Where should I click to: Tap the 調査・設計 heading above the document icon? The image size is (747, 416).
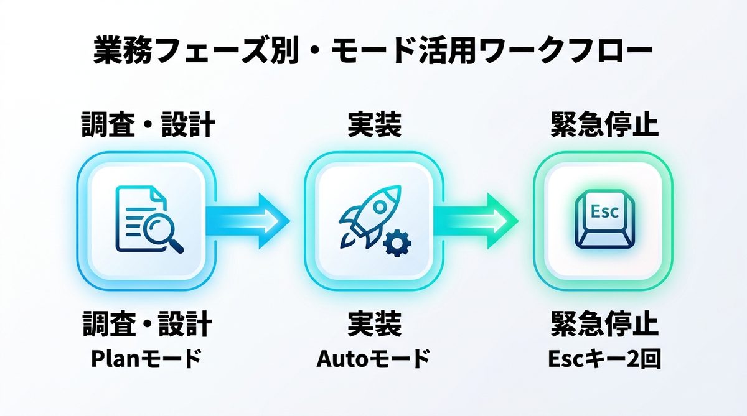point(149,125)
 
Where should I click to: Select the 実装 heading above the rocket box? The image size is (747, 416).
point(374,125)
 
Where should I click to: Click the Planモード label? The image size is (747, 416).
point(148,359)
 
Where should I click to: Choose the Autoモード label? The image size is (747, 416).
point(374,359)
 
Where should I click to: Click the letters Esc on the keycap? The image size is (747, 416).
point(603,211)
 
